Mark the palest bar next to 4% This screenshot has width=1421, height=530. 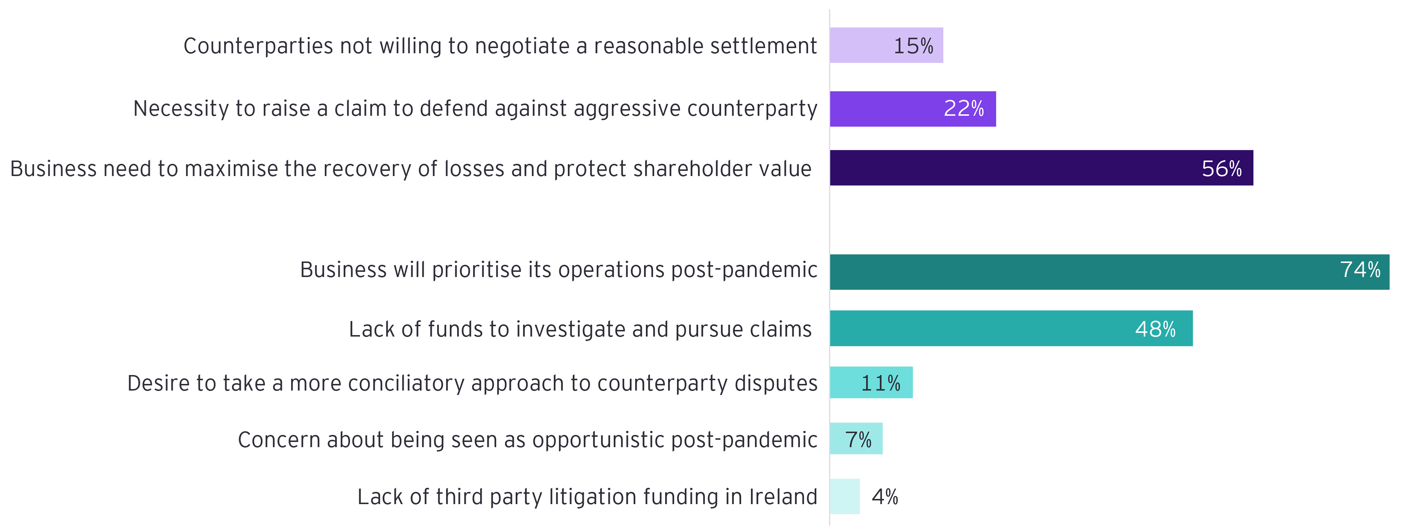844,496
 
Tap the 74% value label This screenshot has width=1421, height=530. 1360,270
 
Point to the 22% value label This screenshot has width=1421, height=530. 963,109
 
